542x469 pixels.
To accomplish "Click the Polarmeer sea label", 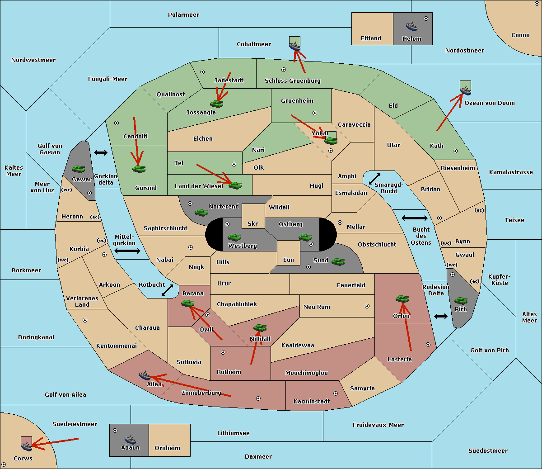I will point(183,15).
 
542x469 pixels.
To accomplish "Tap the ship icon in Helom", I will point(411,26).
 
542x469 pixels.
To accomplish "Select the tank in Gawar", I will point(78,169).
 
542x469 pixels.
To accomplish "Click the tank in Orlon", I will point(402,299).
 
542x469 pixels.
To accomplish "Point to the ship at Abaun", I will point(130,439).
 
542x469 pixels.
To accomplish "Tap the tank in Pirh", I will point(461,301).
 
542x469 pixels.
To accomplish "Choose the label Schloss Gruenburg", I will point(292,81).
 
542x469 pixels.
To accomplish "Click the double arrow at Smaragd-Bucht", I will point(374,179).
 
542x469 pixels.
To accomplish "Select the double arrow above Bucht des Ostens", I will point(414,218).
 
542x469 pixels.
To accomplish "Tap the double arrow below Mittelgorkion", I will point(127,251).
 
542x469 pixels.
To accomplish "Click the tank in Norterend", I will point(201,212).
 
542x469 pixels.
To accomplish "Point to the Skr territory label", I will point(252,224).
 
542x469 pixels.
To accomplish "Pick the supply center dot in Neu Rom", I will point(367,306).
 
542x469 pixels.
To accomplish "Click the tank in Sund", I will point(338,261).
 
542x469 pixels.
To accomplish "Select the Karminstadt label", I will point(312,402).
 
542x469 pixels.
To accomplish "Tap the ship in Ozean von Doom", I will point(465,89).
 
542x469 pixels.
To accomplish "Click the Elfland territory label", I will point(371,38).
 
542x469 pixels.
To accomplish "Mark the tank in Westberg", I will point(234,237).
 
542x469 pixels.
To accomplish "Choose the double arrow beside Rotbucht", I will point(168,290).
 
